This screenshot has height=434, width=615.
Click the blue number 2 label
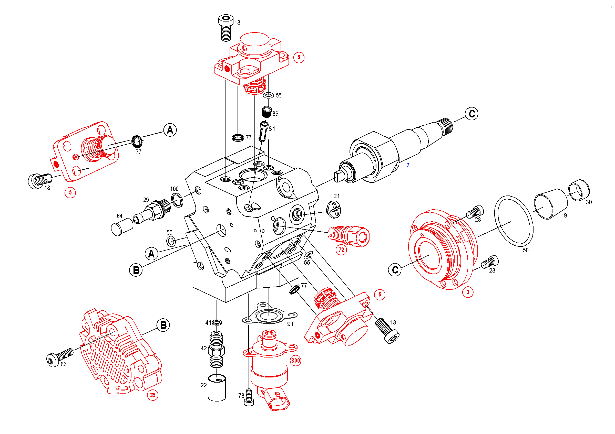408,166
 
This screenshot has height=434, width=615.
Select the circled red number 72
341,250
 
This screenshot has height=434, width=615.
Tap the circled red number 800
295,361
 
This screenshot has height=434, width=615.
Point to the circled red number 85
153,395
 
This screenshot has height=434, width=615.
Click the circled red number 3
468,292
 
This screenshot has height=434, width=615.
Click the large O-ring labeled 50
514,221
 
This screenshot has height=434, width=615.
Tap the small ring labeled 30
579,190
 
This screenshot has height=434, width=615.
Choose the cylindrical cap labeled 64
122,227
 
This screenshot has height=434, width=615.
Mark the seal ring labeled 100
177,200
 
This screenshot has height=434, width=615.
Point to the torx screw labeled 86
59,357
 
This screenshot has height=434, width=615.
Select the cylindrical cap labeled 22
217,388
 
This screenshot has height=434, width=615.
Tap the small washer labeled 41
217,322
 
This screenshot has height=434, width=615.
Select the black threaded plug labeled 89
266,112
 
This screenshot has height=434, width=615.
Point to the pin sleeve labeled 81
263,131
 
